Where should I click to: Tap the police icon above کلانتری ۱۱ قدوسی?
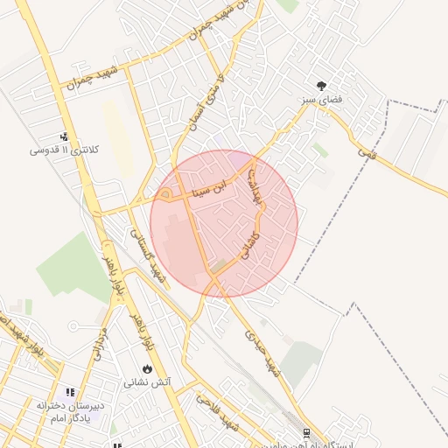[65, 136]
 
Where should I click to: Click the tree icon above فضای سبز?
[323, 86]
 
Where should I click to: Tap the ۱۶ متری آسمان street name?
[206, 103]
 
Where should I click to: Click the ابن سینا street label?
[213, 185]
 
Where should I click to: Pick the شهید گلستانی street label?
[147, 254]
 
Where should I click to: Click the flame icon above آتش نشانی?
[147, 368]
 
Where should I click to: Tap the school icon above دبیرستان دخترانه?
[70, 393]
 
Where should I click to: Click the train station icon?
[305, 432]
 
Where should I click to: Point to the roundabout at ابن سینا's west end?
[165, 193]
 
